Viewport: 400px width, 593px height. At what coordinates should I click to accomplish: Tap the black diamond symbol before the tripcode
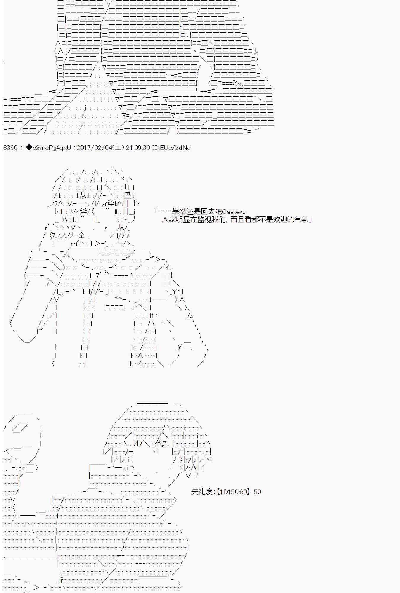[29, 147]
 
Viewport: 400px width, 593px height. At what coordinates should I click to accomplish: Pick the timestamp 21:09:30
[138, 147]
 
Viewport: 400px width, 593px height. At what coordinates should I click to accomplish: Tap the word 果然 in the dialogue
[179, 212]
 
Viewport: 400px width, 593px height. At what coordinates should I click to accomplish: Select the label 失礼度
[202, 492]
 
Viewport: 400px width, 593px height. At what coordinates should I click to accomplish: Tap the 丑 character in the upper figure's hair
[128, 195]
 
